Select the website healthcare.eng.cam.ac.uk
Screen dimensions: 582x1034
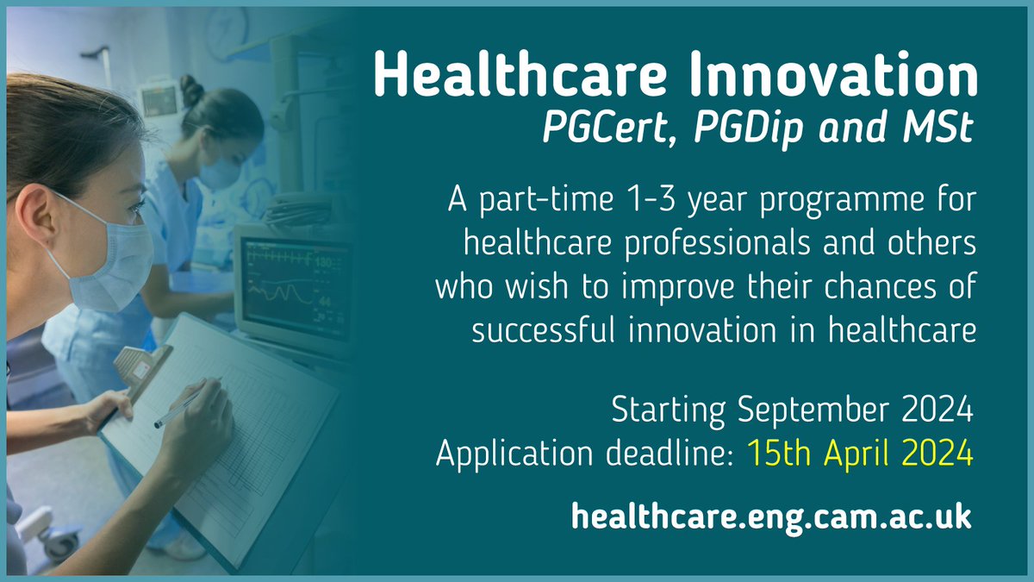click(x=770, y=517)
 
